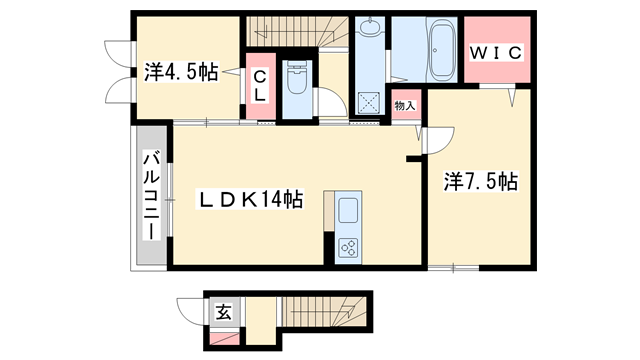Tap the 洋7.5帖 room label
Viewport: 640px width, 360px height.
coord(480,182)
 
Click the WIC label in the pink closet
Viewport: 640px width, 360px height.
coord(496,51)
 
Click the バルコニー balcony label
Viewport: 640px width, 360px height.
coord(151,195)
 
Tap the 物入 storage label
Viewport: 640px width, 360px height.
coord(404,104)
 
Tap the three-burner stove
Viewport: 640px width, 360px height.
coord(349,245)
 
